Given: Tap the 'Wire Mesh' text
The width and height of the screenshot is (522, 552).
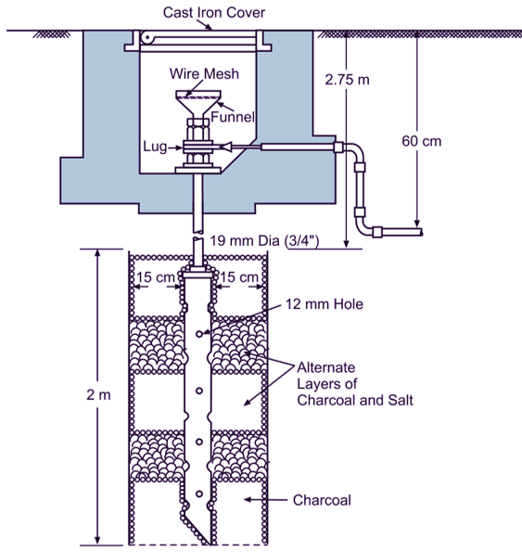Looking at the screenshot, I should coord(199,73).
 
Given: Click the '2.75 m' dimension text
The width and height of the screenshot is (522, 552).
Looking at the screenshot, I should coord(349,80).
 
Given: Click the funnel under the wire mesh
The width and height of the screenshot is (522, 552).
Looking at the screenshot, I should coord(197,103).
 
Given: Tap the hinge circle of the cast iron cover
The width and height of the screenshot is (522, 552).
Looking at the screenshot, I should coord(146,37).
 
